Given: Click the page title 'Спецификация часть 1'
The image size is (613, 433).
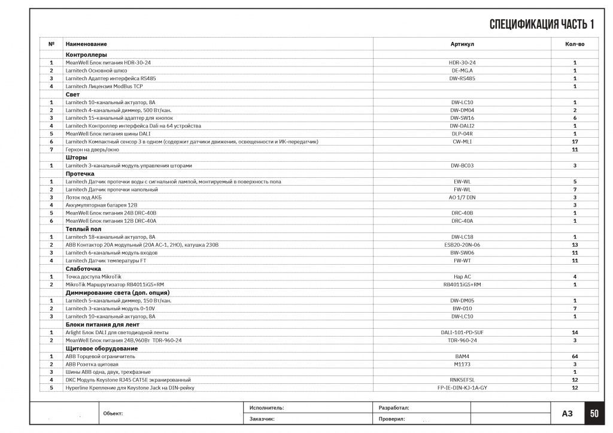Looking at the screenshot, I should coord(541,24).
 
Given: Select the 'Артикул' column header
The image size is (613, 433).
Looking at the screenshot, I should coord(462,44).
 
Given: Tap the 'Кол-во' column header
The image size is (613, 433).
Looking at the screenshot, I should coord(575,44).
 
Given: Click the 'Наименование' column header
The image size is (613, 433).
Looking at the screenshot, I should coord(86,44).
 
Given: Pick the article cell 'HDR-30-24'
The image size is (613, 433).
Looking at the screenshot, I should coord(462,63).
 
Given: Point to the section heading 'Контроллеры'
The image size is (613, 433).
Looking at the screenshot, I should coord(86,54).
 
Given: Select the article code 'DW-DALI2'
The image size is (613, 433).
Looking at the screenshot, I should coord(462,126).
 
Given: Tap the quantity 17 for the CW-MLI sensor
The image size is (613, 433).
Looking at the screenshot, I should coord(575,142).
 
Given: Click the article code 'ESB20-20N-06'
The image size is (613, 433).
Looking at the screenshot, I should coord(462,245).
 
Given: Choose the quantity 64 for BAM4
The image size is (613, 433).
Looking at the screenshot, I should coord(575,356).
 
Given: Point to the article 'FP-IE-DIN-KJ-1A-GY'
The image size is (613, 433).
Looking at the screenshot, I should coord(462,388).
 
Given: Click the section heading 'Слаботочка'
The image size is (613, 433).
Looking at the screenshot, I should coord(83,269).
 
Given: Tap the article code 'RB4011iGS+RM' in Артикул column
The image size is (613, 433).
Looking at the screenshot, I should coord(462,284).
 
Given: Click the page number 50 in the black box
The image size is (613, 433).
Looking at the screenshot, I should coord(594,413).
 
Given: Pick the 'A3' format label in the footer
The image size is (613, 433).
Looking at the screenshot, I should coord(568,413).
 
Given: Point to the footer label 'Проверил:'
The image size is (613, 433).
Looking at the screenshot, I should coord(393,419).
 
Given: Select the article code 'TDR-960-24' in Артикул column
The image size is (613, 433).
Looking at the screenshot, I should coord(462,340).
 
